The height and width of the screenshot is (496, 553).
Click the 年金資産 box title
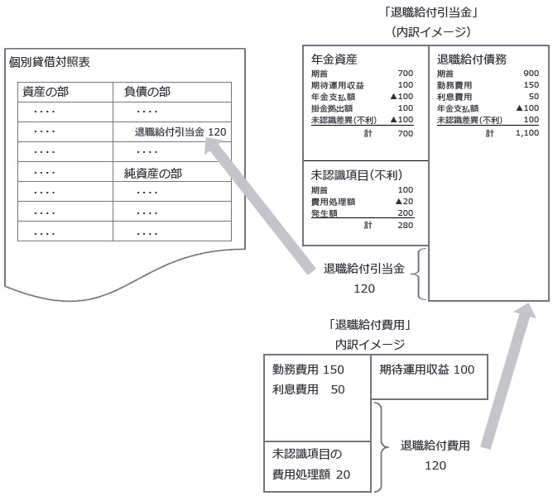[334, 60]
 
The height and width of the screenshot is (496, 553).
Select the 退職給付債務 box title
[472, 60]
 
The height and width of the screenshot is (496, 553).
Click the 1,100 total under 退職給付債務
[527, 133]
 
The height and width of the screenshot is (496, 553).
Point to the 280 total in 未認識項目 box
[405, 224]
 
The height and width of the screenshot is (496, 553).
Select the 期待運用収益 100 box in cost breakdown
[427, 370]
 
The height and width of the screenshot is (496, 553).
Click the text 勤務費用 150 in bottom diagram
[307, 370]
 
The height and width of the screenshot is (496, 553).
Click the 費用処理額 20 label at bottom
[310, 475]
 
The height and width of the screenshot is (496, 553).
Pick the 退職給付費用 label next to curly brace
[435, 446]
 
